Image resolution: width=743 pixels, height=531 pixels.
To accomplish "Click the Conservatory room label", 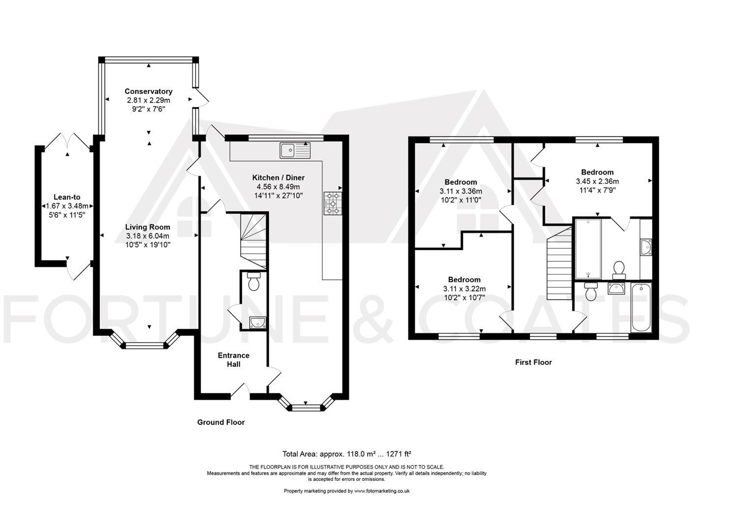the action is click(x=148, y=91).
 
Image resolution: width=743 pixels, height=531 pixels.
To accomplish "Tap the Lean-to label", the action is click(x=67, y=197).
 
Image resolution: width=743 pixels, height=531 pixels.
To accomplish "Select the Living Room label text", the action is click(x=147, y=227).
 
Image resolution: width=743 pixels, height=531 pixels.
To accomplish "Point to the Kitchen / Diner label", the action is click(x=278, y=177).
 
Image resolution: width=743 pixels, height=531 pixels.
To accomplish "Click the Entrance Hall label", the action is click(x=233, y=360).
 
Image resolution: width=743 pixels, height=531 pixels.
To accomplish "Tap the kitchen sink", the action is click(x=295, y=150).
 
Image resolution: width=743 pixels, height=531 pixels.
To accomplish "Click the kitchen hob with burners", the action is click(x=333, y=204).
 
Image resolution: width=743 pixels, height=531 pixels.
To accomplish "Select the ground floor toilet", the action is click(x=254, y=281).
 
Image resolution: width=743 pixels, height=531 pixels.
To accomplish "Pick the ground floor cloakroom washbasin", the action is click(x=257, y=323).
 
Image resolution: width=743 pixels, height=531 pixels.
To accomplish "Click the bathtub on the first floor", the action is click(x=641, y=308).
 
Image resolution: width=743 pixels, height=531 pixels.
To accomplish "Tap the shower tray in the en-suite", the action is click(x=588, y=249).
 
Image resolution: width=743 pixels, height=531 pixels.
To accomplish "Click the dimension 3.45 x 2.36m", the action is click(x=597, y=181).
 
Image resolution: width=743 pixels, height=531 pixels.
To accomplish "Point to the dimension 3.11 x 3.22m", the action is click(x=464, y=289).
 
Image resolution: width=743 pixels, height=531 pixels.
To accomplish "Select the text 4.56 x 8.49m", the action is click(x=278, y=187).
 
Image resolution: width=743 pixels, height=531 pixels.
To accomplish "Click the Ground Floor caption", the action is click(x=221, y=422).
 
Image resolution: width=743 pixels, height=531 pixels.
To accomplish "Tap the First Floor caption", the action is click(x=533, y=362).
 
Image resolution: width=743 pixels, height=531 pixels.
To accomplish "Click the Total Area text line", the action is click(x=346, y=454).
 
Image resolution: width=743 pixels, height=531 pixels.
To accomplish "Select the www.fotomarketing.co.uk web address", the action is click(x=382, y=491).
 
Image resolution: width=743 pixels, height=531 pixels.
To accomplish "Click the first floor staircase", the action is click(x=559, y=264).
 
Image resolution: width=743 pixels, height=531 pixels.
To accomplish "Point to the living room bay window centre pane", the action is click(x=145, y=346).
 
